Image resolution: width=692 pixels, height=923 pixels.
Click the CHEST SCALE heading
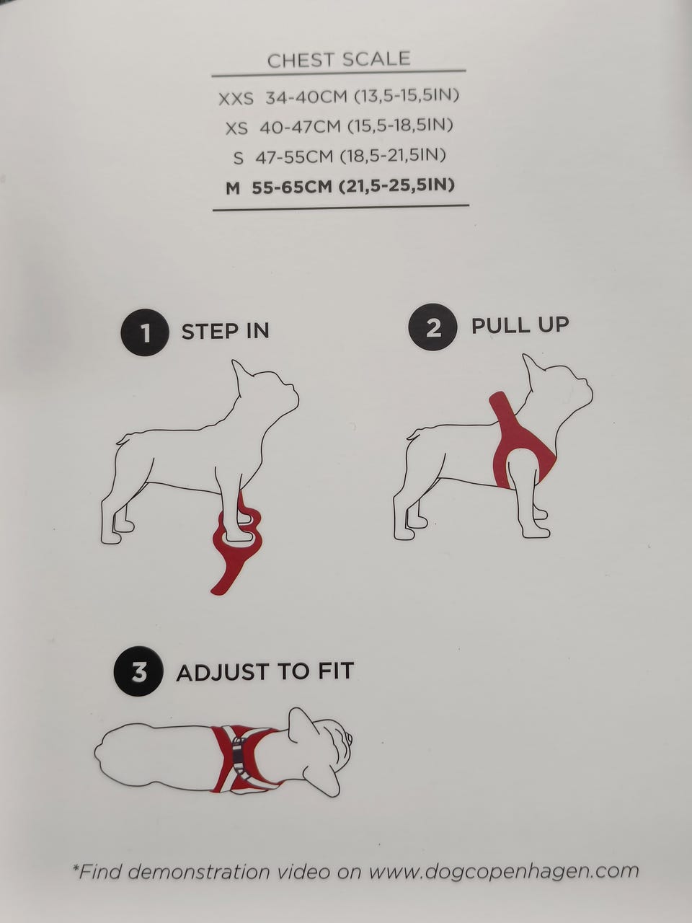339,59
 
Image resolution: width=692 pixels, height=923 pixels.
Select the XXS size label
236,99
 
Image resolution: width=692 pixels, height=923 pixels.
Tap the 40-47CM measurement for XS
300,127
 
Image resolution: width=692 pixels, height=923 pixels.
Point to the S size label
238,158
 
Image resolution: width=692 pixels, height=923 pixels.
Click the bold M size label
233,189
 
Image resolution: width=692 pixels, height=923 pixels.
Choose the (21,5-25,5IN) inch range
396,185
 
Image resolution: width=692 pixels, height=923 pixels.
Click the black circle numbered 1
145,332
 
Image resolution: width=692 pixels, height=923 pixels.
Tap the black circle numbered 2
432,327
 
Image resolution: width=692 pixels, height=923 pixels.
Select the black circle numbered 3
138,671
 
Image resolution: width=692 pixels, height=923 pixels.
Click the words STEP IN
225,332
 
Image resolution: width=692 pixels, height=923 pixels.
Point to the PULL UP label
520,325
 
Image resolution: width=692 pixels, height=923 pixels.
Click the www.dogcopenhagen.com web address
504,871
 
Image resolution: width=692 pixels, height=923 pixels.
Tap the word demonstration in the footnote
198,871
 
